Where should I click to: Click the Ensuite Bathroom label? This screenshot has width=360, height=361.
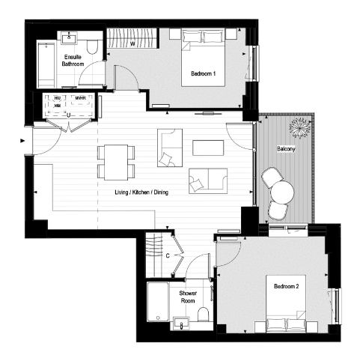click(x=73, y=61)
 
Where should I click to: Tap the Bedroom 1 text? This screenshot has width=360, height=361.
click(x=203, y=73)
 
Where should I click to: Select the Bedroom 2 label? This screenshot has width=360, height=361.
click(x=286, y=286)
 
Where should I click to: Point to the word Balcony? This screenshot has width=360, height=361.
click(x=284, y=148)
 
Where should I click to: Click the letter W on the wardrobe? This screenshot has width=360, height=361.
click(x=132, y=43)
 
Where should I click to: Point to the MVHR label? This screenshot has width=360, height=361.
click(x=80, y=98)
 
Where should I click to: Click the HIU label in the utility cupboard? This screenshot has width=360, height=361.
click(x=55, y=98)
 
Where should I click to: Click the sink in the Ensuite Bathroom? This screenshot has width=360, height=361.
click(x=73, y=35)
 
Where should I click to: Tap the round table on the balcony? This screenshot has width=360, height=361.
click(x=281, y=192)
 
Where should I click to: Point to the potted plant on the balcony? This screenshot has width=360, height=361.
click(x=302, y=127)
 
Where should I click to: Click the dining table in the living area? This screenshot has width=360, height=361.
click(x=115, y=161)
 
